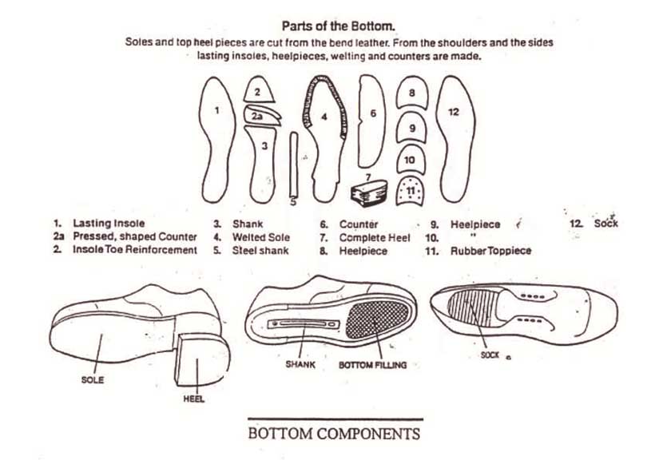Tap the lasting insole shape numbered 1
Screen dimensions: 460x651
click(x=217, y=136)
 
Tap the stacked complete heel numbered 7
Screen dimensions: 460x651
click(x=369, y=191)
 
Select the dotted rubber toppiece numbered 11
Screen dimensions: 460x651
click(x=411, y=190)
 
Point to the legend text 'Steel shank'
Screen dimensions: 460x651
click(x=261, y=251)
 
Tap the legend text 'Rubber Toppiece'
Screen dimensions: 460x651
click(x=490, y=251)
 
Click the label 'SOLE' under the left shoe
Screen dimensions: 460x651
click(x=93, y=380)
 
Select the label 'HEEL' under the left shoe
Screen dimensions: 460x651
click(x=194, y=399)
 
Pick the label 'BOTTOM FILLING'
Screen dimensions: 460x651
click(x=372, y=363)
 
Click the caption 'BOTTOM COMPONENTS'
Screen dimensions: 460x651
click(x=334, y=434)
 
